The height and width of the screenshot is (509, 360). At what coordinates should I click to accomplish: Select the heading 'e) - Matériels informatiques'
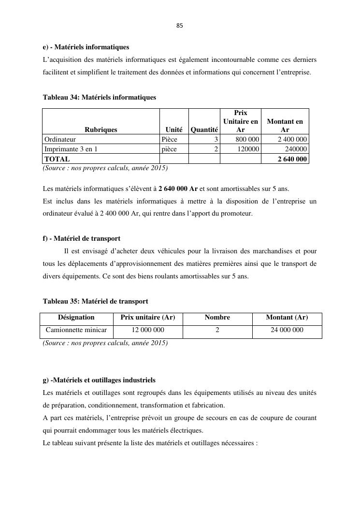pos(86,47)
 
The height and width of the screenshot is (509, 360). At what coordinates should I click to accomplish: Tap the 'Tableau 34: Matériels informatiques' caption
pos(100,97)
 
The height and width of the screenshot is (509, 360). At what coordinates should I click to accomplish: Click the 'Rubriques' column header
pos(101,130)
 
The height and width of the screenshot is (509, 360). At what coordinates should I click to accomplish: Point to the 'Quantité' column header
pos(204,130)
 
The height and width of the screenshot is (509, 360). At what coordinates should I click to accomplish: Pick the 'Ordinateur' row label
pos(60,140)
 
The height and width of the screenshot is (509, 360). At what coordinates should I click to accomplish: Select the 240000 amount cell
pos(296,149)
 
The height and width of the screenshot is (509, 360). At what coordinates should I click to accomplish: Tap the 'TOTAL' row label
pos(58,159)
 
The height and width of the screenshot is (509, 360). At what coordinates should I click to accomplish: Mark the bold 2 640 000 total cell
pos(292,159)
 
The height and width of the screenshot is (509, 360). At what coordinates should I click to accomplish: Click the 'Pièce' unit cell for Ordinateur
pos(170,140)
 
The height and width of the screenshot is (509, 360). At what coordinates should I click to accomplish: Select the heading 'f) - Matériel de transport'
pos(82,238)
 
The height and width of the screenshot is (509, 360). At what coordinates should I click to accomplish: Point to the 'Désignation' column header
pos(76,318)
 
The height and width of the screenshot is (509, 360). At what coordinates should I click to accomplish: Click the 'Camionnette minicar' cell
pos(76,330)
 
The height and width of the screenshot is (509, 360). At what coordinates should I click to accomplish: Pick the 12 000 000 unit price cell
pos(148,330)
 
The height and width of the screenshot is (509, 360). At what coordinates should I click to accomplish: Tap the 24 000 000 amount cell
pos(287,330)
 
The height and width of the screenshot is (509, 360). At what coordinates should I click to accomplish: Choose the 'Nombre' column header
pos(217,318)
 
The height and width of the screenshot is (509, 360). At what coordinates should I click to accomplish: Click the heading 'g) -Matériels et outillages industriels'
pos(99,380)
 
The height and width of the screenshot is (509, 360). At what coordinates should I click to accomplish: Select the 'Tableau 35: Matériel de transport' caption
pos(96,301)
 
